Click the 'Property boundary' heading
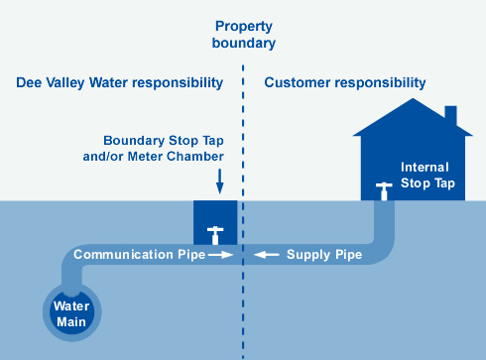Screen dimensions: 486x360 (x=244, y=35)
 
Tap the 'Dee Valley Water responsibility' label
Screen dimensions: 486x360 (x=120, y=83)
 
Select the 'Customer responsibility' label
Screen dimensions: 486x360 (x=345, y=83)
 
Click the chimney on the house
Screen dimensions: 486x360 (x=451, y=116)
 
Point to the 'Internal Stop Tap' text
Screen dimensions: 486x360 (x=427, y=176)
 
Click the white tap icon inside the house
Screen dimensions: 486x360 (x=384, y=191)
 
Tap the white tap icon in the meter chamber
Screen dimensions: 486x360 (x=215, y=235)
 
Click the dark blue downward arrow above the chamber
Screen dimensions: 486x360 (x=219, y=181)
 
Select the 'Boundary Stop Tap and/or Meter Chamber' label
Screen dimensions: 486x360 (x=154, y=149)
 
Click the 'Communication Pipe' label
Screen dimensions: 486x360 (x=140, y=255)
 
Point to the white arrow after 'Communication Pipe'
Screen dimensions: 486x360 (x=221, y=255)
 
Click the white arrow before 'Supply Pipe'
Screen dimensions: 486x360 (x=267, y=255)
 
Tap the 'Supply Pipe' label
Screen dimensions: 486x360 (x=324, y=255)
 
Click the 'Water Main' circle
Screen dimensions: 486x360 (x=72, y=312)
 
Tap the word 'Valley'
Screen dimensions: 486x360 (x=65, y=83)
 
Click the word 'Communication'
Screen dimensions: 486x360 (x=123, y=255)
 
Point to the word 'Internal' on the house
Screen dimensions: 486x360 (x=425, y=168)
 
